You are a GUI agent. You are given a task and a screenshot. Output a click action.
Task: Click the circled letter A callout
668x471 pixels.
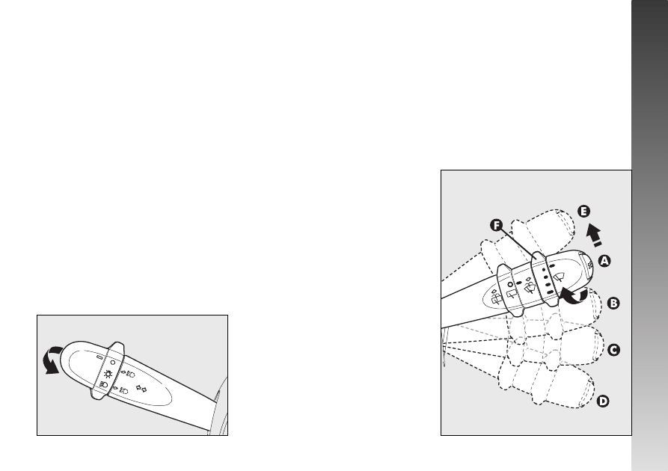click(x=604, y=261)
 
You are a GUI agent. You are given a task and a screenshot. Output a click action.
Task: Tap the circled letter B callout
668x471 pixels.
click(x=613, y=304)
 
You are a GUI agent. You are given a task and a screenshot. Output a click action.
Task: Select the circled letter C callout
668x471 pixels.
click(x=613, y=350)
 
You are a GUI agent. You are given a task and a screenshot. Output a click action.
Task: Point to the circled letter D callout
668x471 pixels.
click(x=603, y=401)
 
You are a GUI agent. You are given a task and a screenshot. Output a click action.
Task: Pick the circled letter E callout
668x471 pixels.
click(x=584, y=212)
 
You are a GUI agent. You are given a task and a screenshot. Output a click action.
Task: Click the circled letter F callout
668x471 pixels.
click(x=496, y=225)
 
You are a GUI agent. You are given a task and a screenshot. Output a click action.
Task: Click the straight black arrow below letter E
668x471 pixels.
click(x=594, y=235)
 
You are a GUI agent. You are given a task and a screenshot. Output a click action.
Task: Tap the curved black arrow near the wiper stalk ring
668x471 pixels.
click(x=574, y=296)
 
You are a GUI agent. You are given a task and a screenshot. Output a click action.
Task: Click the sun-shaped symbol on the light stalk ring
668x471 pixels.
click(x=108, y=375)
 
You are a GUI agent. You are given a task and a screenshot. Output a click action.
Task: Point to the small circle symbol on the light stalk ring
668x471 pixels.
click(x=112, y=363)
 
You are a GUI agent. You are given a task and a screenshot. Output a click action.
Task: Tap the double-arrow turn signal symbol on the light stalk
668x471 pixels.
click(x=141, y=388)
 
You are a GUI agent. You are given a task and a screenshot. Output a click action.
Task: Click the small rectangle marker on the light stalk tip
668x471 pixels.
click(x=99, y=357)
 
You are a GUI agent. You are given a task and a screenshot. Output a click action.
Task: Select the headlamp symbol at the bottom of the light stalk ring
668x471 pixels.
click(x=103, y=384)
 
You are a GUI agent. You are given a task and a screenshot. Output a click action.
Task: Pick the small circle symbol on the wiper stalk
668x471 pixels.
click(x=509, y=284)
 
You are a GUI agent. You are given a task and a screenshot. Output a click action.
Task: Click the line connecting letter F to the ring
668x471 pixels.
click(x=518, y=243)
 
